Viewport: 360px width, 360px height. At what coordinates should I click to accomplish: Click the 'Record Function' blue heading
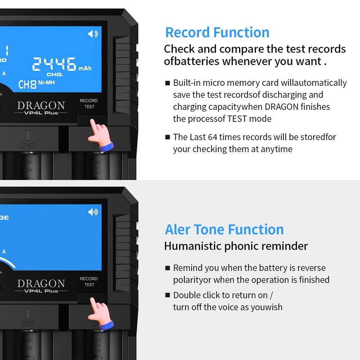217,32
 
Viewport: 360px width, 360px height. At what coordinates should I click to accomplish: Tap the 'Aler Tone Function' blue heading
224,229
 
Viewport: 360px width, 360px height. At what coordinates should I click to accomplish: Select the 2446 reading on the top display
54,64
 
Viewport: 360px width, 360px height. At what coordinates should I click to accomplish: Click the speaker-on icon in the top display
93,34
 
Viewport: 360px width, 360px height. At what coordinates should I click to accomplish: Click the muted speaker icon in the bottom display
93,212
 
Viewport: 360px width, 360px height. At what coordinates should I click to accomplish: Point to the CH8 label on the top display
27,85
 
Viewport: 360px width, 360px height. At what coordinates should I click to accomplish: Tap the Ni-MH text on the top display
46,82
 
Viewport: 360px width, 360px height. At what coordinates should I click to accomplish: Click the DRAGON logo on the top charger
41,105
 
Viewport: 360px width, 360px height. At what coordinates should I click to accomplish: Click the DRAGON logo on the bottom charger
41,283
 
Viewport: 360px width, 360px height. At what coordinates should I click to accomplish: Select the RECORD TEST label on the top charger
89,103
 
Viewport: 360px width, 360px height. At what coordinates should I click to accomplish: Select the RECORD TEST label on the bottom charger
89,282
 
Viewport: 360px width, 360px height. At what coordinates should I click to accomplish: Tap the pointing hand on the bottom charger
100,313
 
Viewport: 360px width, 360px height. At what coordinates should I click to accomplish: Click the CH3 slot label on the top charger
28,145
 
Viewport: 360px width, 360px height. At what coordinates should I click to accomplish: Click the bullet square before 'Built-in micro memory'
167,83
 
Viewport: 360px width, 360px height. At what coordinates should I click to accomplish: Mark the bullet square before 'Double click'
167,295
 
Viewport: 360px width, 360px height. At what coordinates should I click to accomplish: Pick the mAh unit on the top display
85,68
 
